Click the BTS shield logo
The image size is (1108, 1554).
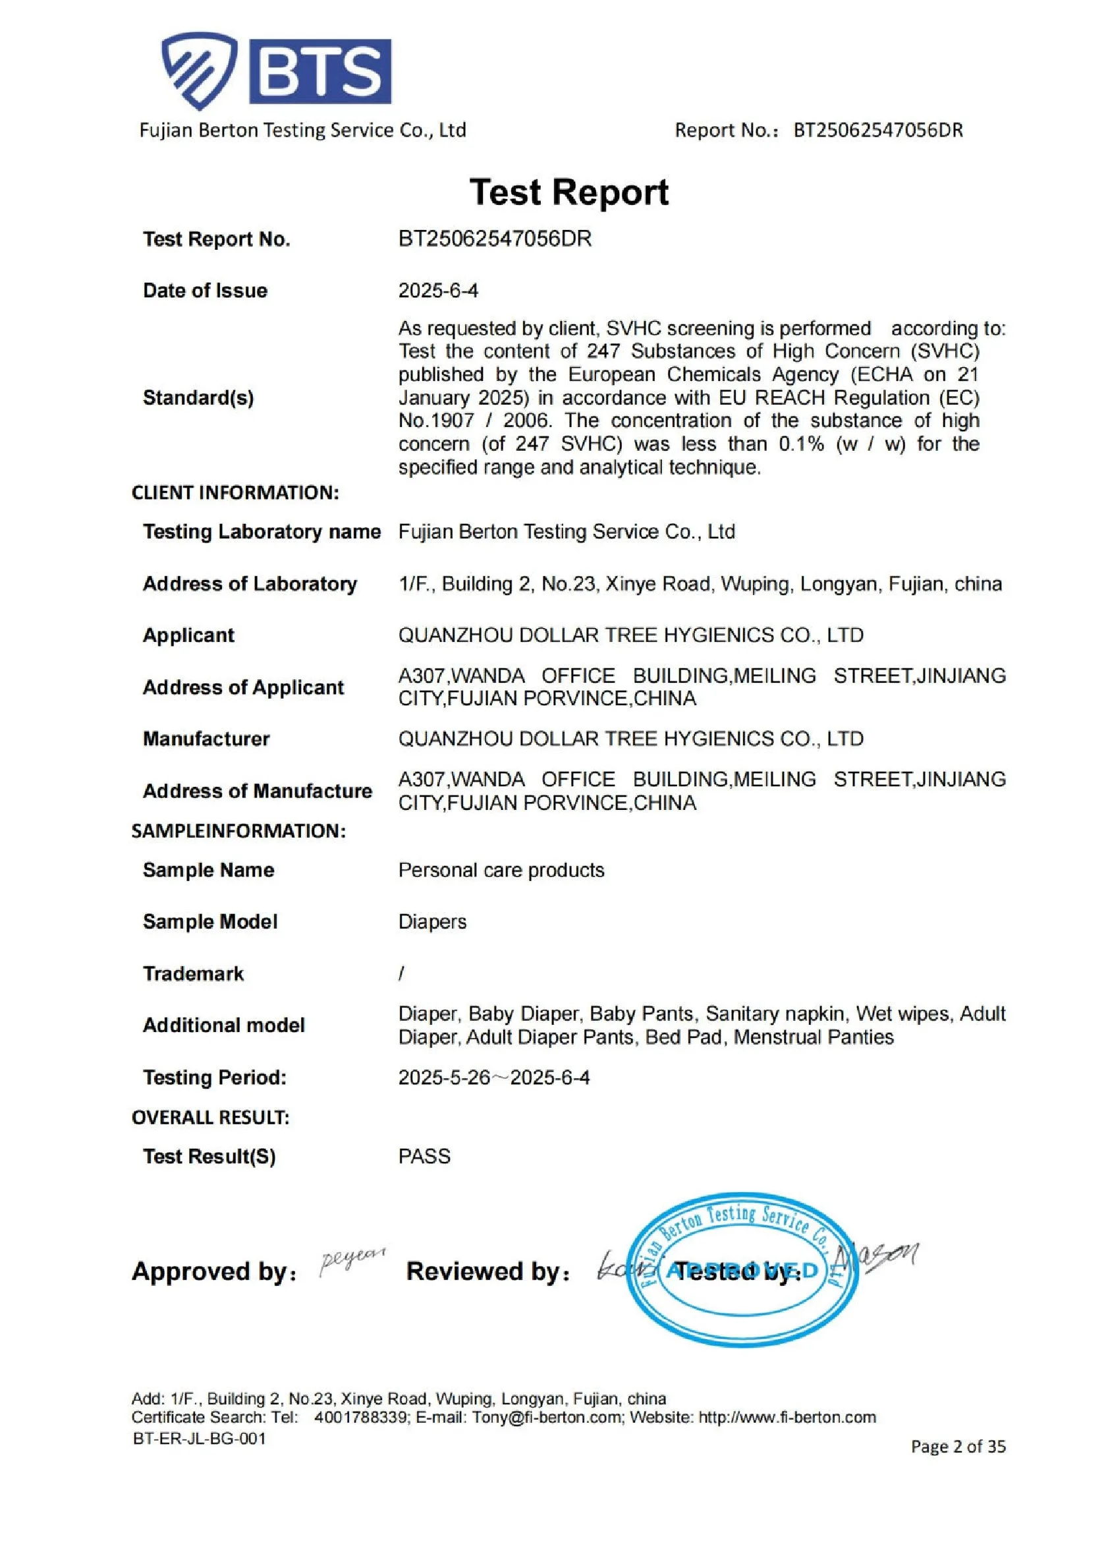(199, 71)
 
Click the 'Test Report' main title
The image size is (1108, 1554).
(569, 192)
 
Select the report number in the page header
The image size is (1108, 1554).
(877, 130)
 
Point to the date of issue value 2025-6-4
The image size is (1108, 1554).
(438, 291)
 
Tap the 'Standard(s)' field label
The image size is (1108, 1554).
(198, 398)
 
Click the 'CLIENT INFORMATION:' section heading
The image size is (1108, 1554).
(235, 493)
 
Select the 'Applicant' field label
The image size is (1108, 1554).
(188, 635)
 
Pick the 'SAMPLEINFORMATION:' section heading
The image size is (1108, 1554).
(238, 831)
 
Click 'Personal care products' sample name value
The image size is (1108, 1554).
(501, 870)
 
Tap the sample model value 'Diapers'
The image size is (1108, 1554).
(432, 922)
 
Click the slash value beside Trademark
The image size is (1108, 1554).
(401, 974)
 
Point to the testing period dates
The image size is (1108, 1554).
(494, 1078)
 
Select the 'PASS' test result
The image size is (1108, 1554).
(424, 1157)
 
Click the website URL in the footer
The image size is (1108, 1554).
(787, 1418)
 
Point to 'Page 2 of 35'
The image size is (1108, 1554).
(958, 1446)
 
